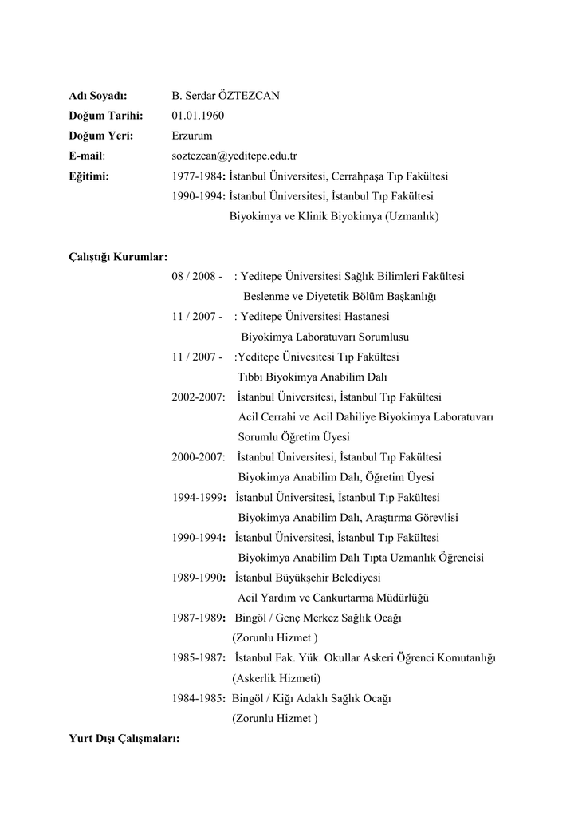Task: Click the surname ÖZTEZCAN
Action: pos(249,96)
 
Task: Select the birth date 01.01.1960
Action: pos(198,116)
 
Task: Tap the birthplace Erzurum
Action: pos(191,136)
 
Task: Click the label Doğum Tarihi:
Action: pos(104,116)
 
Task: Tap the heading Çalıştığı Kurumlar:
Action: pos(118,256)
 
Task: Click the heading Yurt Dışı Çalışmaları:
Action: pos(124,739)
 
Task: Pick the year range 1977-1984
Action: pos(198,176)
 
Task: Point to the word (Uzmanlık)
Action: pos(411,215)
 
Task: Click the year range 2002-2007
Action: pos(198,397)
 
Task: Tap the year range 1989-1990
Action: pos(199,578)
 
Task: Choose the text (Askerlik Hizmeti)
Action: pos(276,678)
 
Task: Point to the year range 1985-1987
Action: pos(199,658)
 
